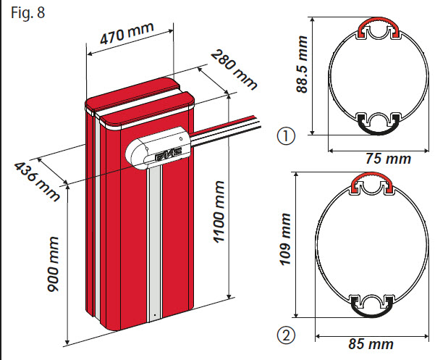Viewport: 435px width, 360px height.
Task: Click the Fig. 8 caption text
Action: point(22,12)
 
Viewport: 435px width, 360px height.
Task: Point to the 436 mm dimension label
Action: point(36,181)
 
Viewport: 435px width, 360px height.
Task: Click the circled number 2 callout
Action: point(287,335)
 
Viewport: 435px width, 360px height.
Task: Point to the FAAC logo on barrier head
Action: point(166,155)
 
